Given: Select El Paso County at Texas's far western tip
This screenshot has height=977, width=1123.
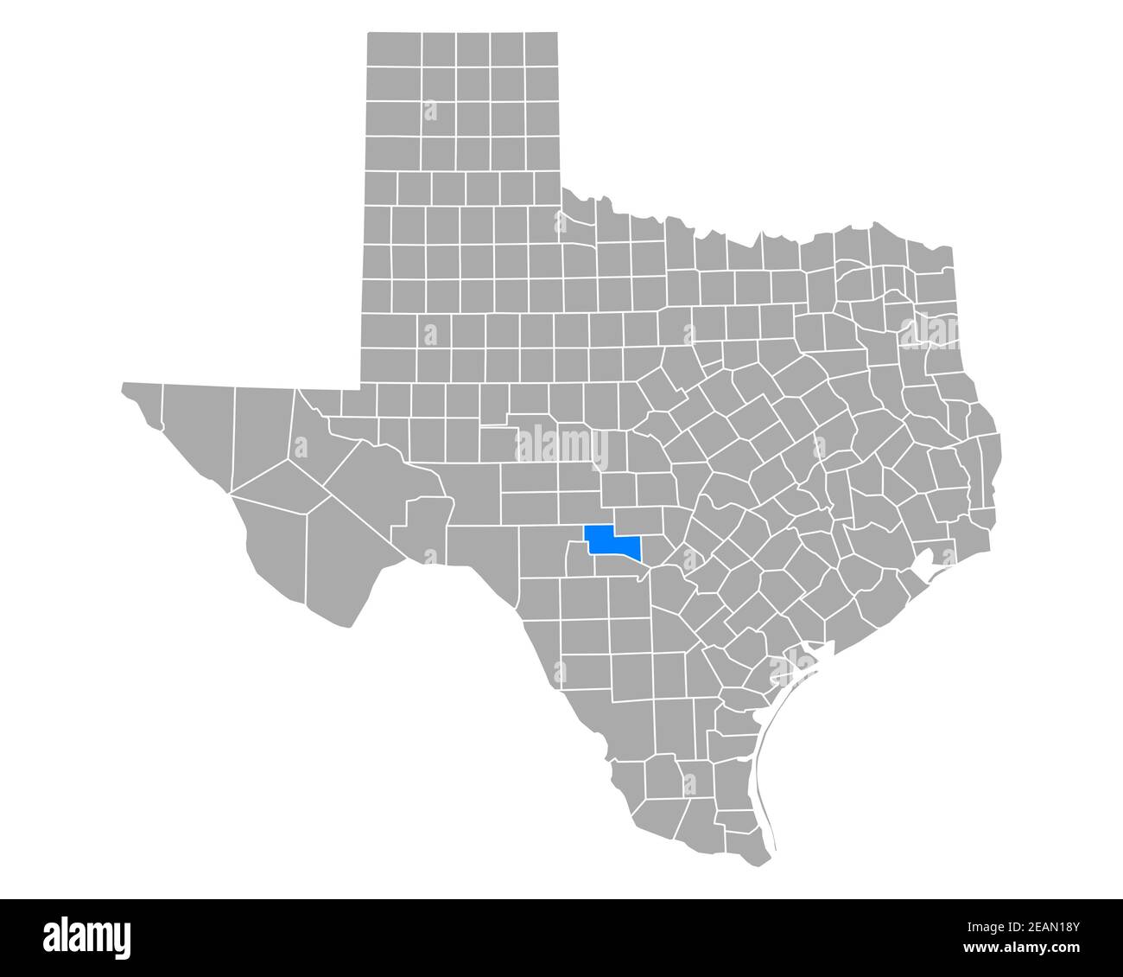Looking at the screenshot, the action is pyautogui.click(x=143, y=402).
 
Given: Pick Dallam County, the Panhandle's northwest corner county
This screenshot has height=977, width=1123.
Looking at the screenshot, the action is pyautogui.click(x=394, y=51).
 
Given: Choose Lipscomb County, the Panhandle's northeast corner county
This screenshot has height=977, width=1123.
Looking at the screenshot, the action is pyautogui.click(x=541, y=51).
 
